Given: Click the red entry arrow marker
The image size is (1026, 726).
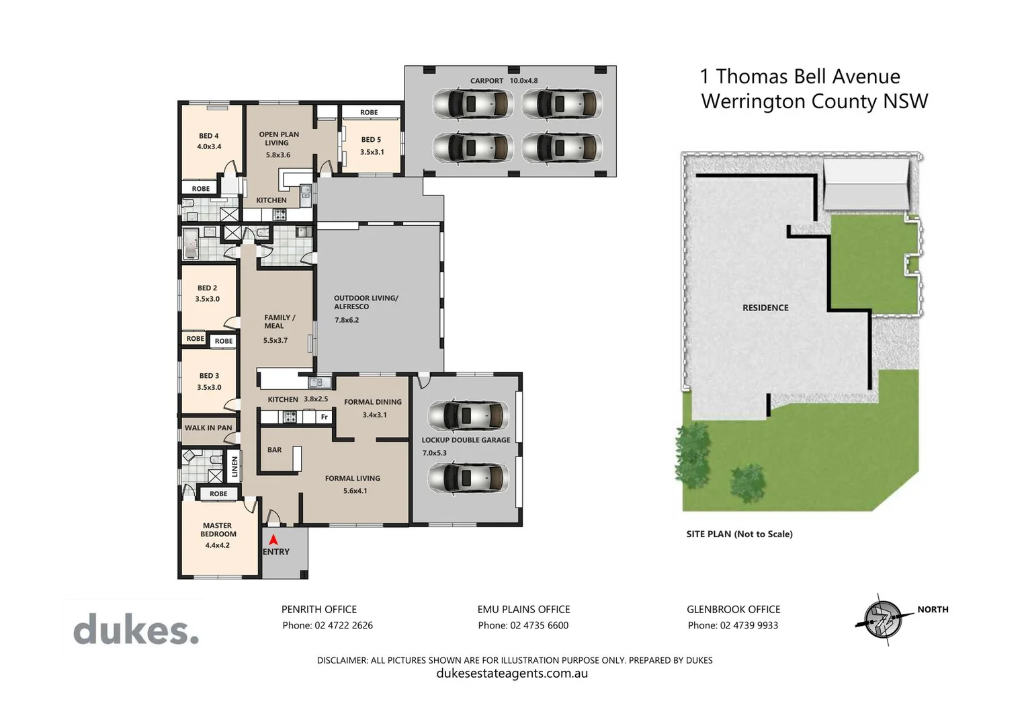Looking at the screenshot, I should (273, 539).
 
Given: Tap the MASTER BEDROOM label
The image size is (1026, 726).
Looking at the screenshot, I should (218, 530).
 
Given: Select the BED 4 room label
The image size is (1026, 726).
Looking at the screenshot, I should (209, 136).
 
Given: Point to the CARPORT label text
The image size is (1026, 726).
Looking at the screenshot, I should (486, 81).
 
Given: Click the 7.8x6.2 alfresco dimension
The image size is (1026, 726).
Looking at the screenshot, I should (347, 320).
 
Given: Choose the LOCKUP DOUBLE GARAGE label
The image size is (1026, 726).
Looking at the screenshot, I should (466, 440).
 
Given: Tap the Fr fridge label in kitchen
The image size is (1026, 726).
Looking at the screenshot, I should (325, 417).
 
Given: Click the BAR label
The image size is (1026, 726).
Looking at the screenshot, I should (275, 450).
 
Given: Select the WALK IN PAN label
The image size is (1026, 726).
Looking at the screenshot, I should (208, 428).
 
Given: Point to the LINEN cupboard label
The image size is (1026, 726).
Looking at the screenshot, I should (234, 467).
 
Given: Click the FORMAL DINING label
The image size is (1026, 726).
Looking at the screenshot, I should (373, 402).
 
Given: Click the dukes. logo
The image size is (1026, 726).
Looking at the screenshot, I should (136, 631).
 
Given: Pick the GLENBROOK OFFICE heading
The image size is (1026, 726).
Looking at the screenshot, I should (733, 609).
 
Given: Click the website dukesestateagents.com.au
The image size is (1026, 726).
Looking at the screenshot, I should (512, 674).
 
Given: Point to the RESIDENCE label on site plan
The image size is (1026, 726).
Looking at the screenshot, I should (765, 308).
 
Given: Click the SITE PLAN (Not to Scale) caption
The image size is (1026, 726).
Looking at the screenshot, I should (739, 534).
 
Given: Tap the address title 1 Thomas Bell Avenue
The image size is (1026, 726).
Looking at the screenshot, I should (800, 77).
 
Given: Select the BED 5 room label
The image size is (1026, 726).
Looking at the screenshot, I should (371, 140).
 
